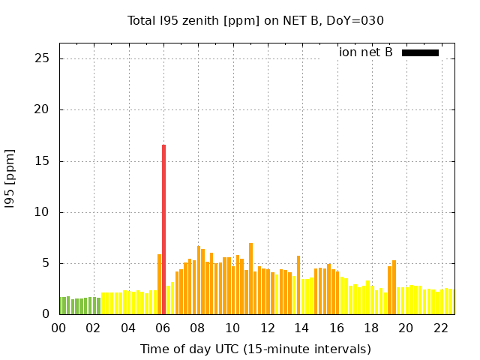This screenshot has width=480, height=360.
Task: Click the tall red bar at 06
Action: [x=163, y=229]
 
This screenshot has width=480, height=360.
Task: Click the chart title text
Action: [x=255, y=20]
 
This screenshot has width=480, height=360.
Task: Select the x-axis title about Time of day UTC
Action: [x=255, y=349]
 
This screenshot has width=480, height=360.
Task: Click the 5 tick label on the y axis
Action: [x=47, y=263]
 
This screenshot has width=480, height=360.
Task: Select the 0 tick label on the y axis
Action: [x=47, y=314]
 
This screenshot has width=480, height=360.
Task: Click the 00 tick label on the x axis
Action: [x=58, y=328]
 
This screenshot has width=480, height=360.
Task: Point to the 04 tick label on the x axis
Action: [x=128, y=328]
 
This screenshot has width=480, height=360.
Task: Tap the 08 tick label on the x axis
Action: [x=197, y=328]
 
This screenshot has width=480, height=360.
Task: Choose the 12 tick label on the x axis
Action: [x=267, y=328]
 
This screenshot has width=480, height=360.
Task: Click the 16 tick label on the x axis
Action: [x=337, y=328]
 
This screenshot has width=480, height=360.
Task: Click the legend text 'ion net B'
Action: [x=365, y=52]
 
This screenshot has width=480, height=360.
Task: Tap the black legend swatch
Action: [x=420, y=52]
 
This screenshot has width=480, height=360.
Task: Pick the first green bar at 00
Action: [x=61, y=306]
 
